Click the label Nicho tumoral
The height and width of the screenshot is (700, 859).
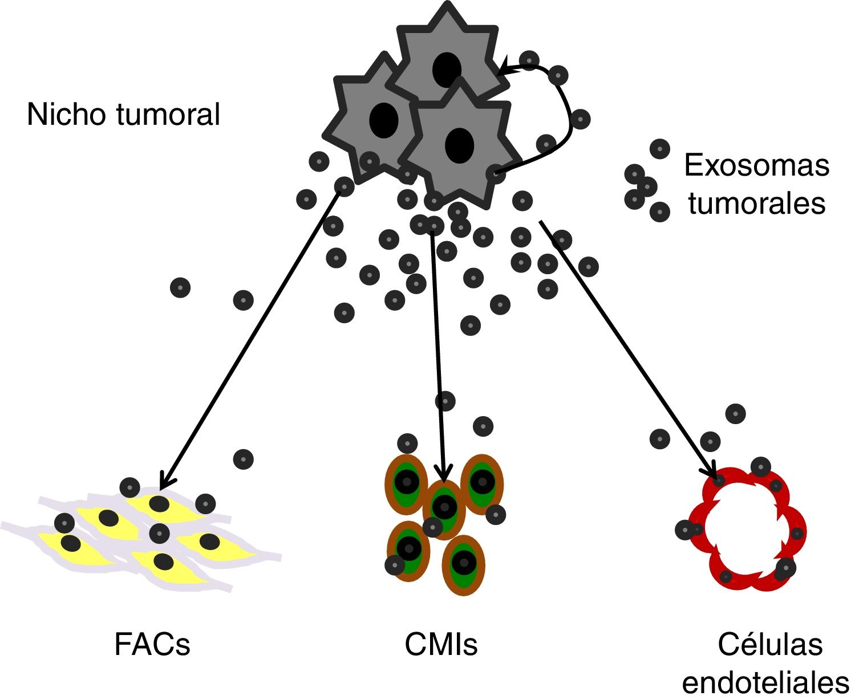click(x=123, y=115)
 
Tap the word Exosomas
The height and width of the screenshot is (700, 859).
click(x=756, y=166)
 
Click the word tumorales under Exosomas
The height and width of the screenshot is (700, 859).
click(x=756, y=204)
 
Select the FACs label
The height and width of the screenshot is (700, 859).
click(x=152, y=645)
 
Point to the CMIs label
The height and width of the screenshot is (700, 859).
click(x=441, y=645)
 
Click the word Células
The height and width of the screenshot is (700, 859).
click(x=770, y=645)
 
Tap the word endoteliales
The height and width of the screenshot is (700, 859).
click(x=765, y=682)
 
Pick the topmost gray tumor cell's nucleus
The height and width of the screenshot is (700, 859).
click(x=447, y=70)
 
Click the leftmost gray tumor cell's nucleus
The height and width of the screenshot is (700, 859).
click(x=384, y=120)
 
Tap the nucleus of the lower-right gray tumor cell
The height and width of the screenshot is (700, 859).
click(x=460, y=145)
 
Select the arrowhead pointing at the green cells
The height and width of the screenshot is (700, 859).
click(x=443, y=475)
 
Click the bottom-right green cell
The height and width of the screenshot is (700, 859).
click(x=463, y=564)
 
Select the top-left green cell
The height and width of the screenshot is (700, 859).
click(x=407, y=483)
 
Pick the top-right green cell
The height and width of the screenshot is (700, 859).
click(x=482, y=482)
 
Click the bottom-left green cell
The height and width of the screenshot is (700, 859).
click(x=409, y=548)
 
